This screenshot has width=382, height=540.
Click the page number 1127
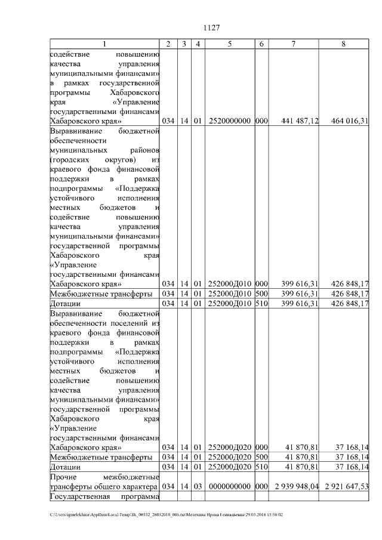[212, 28]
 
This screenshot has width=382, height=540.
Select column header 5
[230, 44]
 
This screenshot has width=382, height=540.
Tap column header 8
[343, 44]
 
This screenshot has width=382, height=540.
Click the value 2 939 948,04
[295, 486]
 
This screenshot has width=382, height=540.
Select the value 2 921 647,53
[347, 486]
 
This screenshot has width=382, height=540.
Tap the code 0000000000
[230, 486]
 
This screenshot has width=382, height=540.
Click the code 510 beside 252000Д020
[261, 466]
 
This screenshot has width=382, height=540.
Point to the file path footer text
[167, 514]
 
